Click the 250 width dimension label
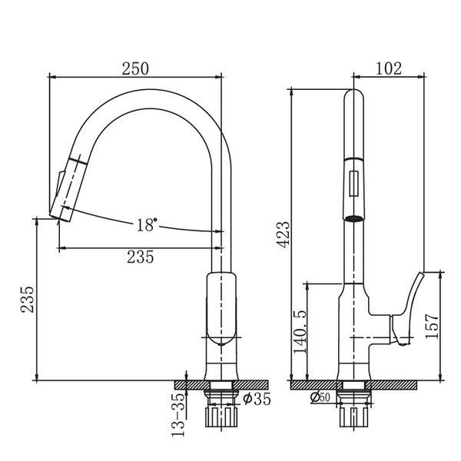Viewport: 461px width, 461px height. pos(135,68)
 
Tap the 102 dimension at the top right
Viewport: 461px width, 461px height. pos(388,68)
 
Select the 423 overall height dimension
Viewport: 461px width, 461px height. pos(284,235)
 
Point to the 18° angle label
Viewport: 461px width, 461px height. pos(146,224)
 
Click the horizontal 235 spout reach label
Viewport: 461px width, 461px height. pos(141,257)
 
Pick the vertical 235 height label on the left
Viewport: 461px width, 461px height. pos(28,299)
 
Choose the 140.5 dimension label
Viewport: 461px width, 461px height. pos(300,332)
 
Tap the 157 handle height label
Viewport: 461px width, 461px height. pos(431,326)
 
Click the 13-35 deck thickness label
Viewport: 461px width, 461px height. pos(178,415)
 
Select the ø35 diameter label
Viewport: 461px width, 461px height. pos(257,399)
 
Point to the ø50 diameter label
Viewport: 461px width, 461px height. pos(320,397)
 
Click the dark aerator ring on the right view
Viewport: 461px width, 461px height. pos(354,218)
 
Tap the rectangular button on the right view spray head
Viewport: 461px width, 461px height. pos(354,183)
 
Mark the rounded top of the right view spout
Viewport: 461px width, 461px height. pos(354,94)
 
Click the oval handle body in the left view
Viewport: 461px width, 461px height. pos(221,308)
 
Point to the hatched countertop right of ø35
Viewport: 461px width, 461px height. pos(250,385)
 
